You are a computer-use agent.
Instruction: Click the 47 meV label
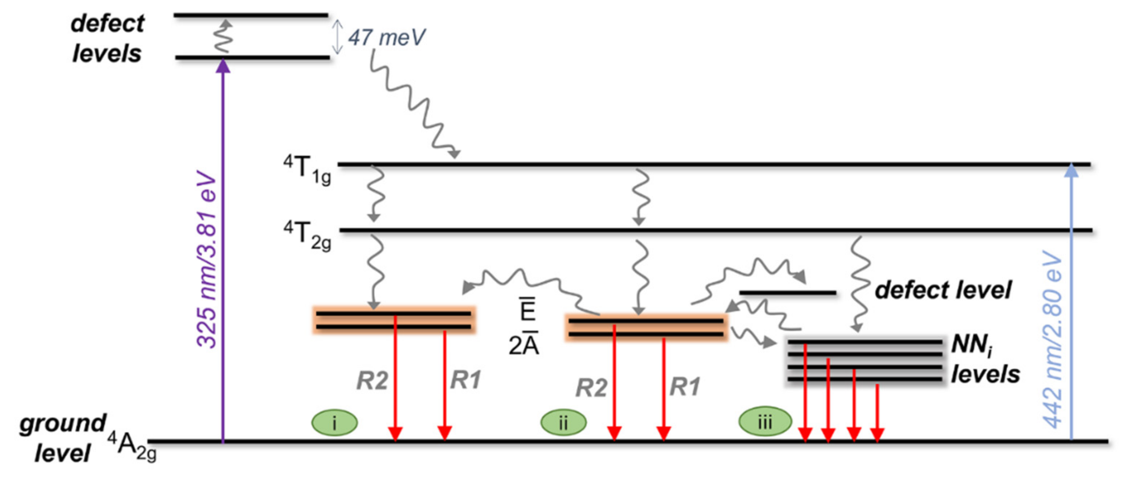pos(386,38)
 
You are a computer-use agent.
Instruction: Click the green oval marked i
pos(334,423)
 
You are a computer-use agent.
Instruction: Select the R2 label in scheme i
pos(372,380)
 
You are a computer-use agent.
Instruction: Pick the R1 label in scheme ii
pos(685,387)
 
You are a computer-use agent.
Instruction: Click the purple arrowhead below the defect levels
pos(223,66)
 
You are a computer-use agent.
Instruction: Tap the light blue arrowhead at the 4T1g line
pos(1071,170)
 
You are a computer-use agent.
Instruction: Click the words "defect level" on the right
pos(943,290)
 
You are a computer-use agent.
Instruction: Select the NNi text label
pos(972,345)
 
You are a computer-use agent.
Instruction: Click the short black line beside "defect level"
pos(788,292)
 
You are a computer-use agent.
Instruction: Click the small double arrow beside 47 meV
pos(337,37)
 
